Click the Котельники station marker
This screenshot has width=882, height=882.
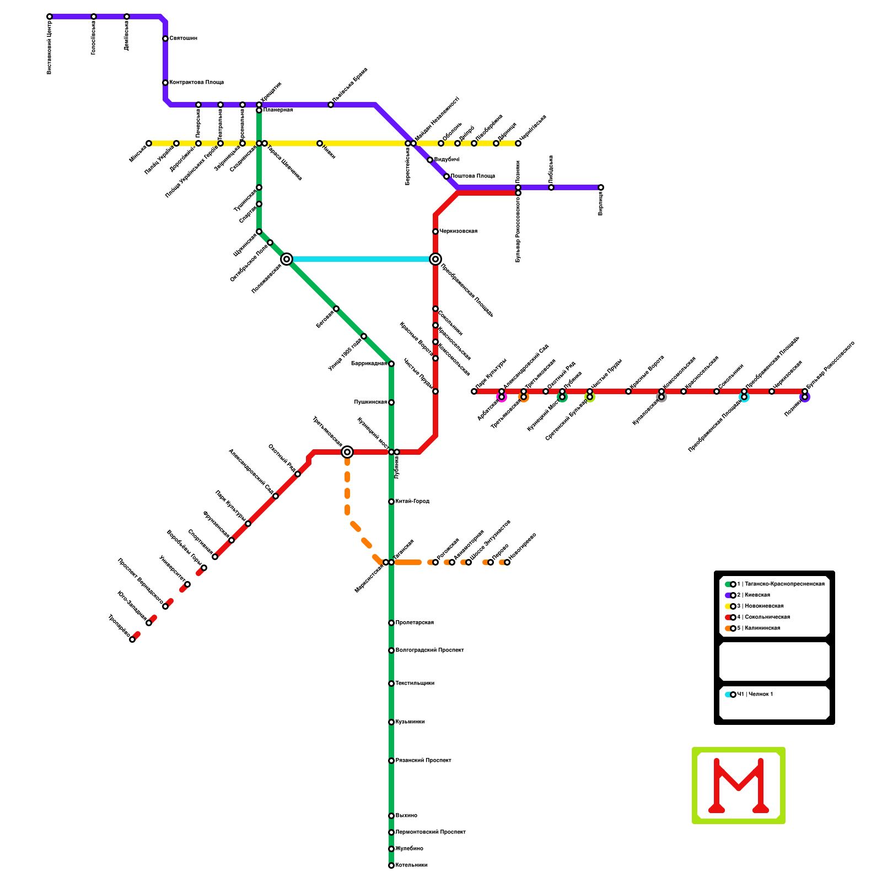(391, 865)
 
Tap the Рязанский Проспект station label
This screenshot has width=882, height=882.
(423, 761)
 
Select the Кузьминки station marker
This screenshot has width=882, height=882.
(391, 722)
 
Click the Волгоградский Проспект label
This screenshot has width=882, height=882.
(429, 650)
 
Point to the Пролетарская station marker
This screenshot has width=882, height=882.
(391, 623)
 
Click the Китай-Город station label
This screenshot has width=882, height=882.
(412, 502)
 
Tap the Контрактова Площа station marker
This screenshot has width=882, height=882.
(165, 83)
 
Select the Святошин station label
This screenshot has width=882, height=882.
(183, 39)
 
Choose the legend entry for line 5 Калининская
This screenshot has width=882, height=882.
(758, 628)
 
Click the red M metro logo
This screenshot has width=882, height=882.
(739, 786)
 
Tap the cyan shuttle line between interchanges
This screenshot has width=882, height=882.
(361, 259)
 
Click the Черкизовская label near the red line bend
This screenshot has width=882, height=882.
(458, 232)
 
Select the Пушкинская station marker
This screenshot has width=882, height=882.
(391, 402)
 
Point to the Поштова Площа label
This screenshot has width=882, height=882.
(472, 176)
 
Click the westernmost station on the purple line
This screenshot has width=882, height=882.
(50, 17)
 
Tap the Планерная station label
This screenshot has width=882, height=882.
(278, 110)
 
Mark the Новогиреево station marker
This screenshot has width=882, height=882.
(507, 562)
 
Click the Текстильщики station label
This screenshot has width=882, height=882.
(415, 684)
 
